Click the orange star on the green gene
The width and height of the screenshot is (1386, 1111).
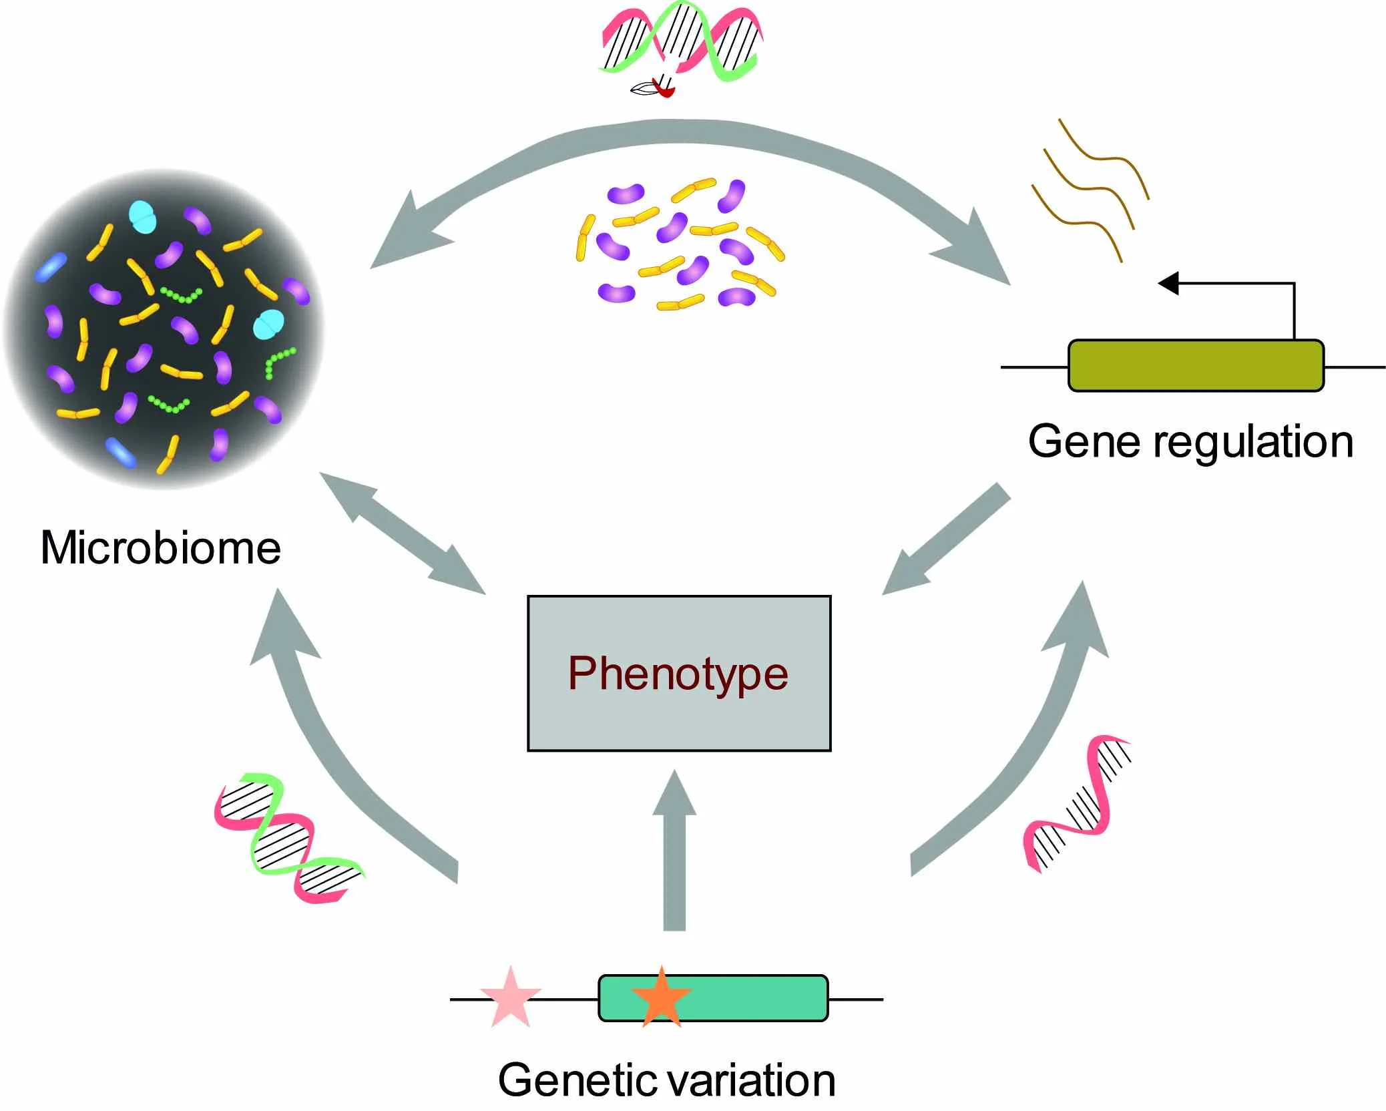click(x=661, y=997)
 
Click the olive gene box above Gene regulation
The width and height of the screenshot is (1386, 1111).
click(x=1195, y=365)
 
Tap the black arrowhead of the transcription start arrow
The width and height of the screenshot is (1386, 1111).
click(x=1168, y=283)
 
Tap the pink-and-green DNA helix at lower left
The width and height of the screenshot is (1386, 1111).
click(x=287, y=838)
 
